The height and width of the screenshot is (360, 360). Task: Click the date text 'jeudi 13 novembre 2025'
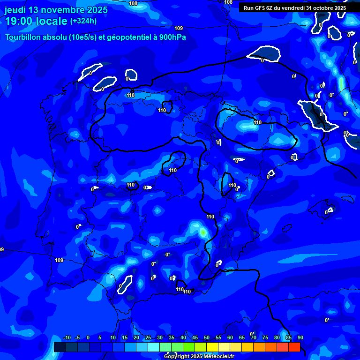[x=56, y=10]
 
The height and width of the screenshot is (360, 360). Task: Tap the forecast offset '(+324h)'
[x=83, y=21]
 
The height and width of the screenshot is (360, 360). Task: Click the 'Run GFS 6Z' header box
[x=294, y=8]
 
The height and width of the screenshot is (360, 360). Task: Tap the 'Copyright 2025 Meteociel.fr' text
[x=199, y=357]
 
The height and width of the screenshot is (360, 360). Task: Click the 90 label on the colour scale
[x=300, y=338]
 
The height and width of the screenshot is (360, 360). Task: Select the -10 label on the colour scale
[x=67, y=338]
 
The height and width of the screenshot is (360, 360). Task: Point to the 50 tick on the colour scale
[x=207, y=338]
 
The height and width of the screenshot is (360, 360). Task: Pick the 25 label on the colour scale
[x=148, y=338]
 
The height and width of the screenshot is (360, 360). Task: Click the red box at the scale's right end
[x=294, y=347]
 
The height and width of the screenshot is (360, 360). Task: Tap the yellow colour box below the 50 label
[x=212, y=347]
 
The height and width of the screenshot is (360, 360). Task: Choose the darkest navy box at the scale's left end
[x=60, y=347]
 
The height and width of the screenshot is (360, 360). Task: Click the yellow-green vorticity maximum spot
[x=203, y=232]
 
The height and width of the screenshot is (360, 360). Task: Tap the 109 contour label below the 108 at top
[x=179, y=29]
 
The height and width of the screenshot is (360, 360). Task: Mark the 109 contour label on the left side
[x=59, y=260]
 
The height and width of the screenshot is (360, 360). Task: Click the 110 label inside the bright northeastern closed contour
[x=257, y=123]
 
